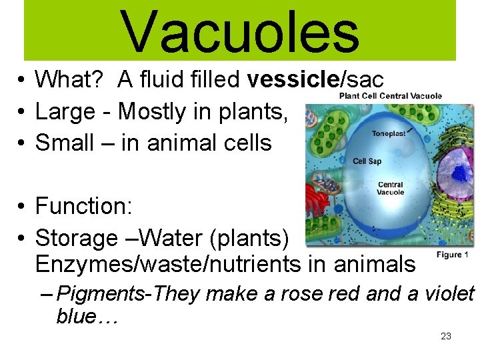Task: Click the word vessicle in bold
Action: point(293,80)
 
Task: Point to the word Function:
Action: point(84,206)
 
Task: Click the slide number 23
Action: point(446,336)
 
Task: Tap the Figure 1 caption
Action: point(453,255)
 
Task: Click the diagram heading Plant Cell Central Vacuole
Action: point(390,96)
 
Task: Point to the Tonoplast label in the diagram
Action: point(389,134)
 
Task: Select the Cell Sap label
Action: point(367,161)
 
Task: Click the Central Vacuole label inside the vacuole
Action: point(391,189)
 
